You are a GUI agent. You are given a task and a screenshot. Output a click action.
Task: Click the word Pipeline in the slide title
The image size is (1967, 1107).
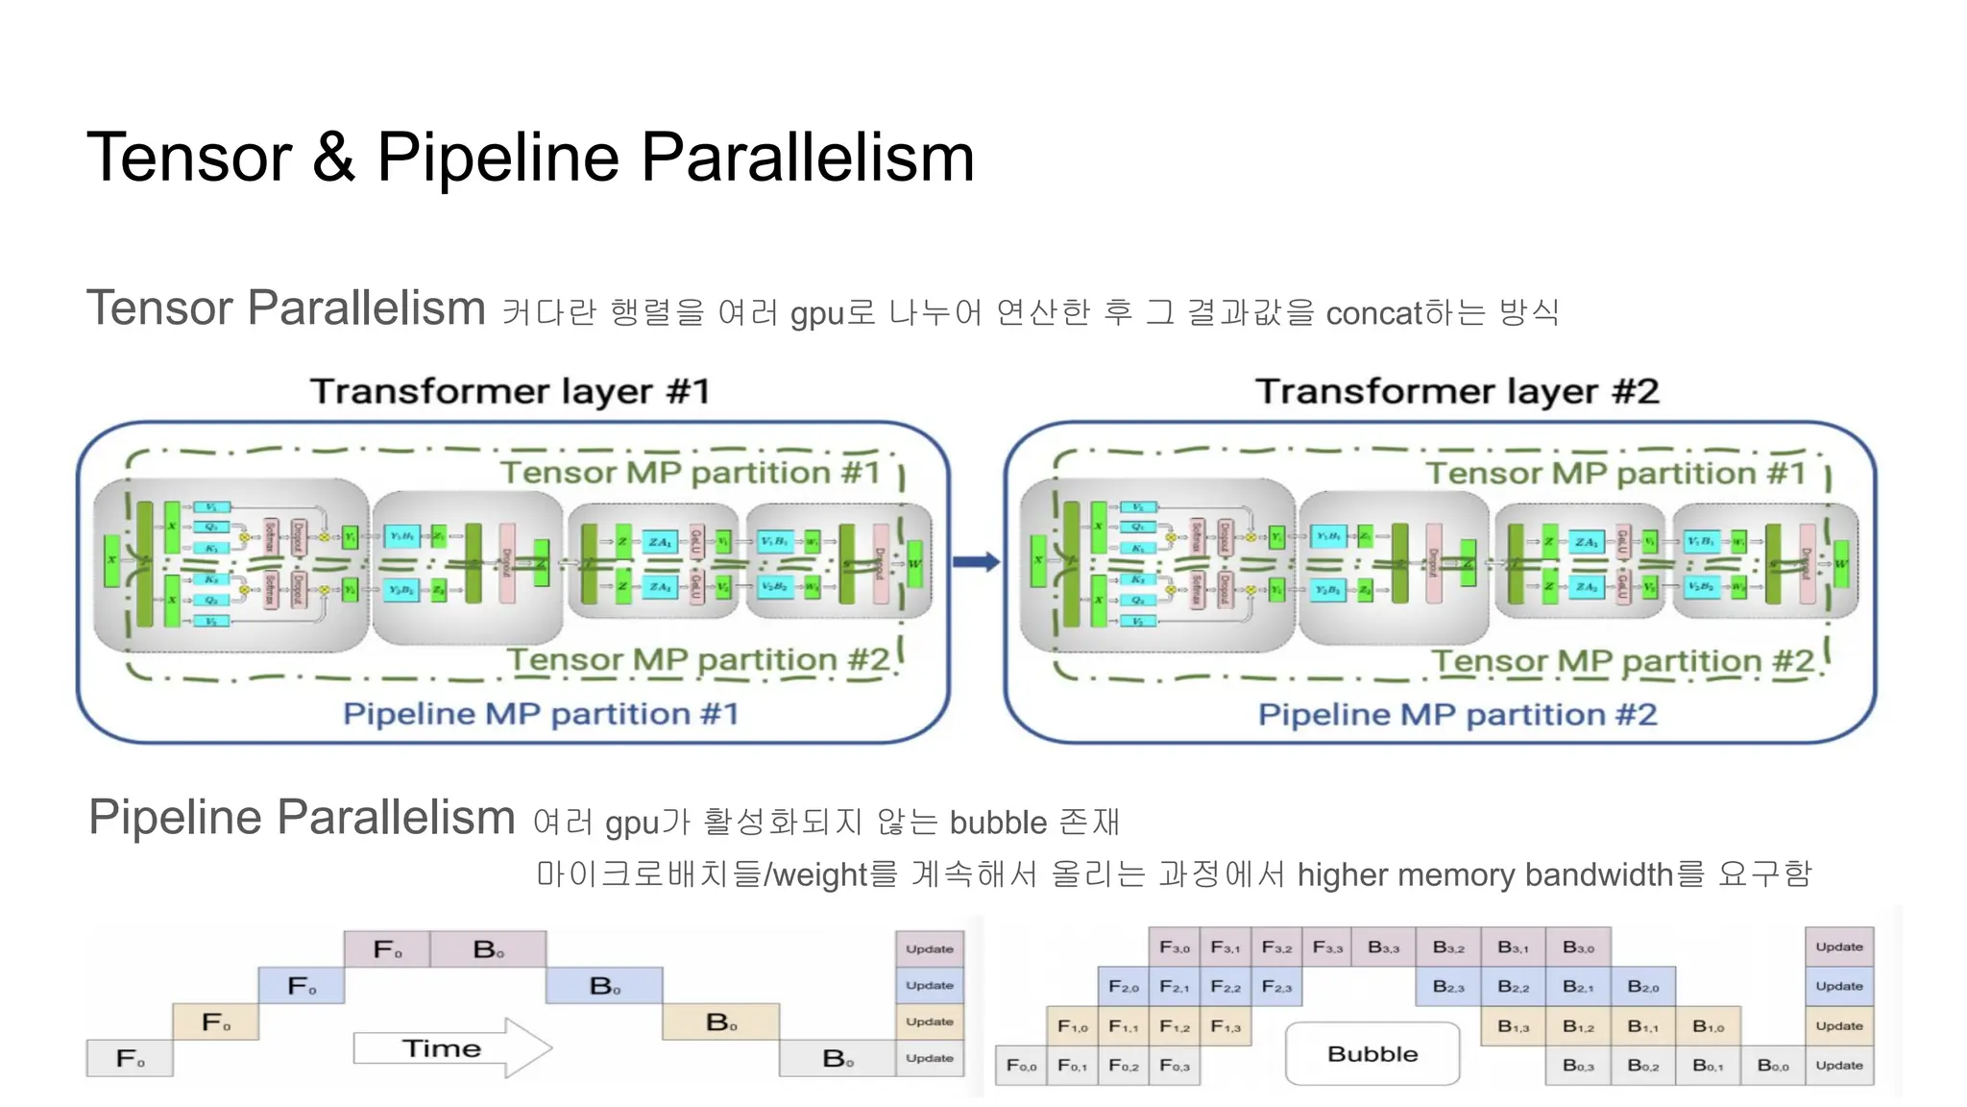point(499,159)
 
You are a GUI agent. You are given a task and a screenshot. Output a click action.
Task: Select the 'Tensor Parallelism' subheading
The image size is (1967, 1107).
point(286,308)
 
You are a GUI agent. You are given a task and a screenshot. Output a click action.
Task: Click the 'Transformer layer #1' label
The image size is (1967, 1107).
point(510,392)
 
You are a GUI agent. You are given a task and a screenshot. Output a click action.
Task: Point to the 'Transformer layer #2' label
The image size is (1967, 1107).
point(1457,392)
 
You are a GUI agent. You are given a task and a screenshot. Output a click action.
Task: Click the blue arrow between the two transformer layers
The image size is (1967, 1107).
point(976,562)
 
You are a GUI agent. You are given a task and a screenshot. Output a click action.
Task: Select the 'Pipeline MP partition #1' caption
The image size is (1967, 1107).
point(541,714)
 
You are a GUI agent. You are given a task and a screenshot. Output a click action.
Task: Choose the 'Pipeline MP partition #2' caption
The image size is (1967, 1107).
point(1457,715)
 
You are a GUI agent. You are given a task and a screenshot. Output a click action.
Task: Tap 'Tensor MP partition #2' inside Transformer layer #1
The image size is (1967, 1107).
point(698,660)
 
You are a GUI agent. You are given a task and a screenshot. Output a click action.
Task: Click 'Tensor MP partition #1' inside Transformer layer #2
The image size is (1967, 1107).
point(1615,474)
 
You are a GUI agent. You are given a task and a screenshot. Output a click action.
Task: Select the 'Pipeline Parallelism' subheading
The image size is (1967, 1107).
point(302,818)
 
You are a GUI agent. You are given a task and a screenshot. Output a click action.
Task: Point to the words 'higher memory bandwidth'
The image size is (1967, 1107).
point(1484,874)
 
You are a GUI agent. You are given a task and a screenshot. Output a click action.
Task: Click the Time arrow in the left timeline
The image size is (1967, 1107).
point(451,1048)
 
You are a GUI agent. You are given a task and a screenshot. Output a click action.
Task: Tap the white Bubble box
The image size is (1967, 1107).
point(1372,1054)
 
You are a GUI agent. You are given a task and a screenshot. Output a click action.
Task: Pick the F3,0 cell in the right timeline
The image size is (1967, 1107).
point(1174,947)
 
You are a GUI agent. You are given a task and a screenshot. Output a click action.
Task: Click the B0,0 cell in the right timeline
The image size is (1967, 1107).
point(1772,1066)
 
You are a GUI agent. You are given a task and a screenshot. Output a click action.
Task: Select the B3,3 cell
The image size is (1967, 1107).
point(1383,947)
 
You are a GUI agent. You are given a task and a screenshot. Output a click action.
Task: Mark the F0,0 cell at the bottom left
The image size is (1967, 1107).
point(1021,1066)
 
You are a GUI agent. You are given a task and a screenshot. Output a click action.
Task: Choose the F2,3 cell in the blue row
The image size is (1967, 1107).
point(1276,987)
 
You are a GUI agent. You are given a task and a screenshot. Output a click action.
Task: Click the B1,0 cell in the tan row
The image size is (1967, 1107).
point(1708,1026)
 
